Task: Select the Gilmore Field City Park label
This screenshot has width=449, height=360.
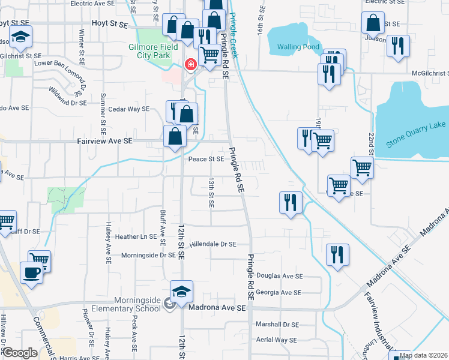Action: [152, 52]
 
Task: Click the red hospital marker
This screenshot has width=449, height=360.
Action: [190, 64]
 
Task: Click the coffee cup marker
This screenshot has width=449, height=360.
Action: [32, 272]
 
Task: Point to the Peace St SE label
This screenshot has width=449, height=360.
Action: [206, 159]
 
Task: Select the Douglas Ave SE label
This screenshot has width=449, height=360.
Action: [279, 276]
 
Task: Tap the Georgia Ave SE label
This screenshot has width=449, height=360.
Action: [278, 292]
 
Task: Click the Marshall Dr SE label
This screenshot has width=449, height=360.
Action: [277, 324]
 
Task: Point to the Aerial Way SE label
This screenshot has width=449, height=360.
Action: [276, 340]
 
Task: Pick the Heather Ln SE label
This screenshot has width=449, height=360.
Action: [136, 237]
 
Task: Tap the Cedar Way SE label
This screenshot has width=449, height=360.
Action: [128, 109]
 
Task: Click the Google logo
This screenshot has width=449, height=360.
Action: [19, 353]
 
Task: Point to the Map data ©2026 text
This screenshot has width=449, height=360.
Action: [424, 355]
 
